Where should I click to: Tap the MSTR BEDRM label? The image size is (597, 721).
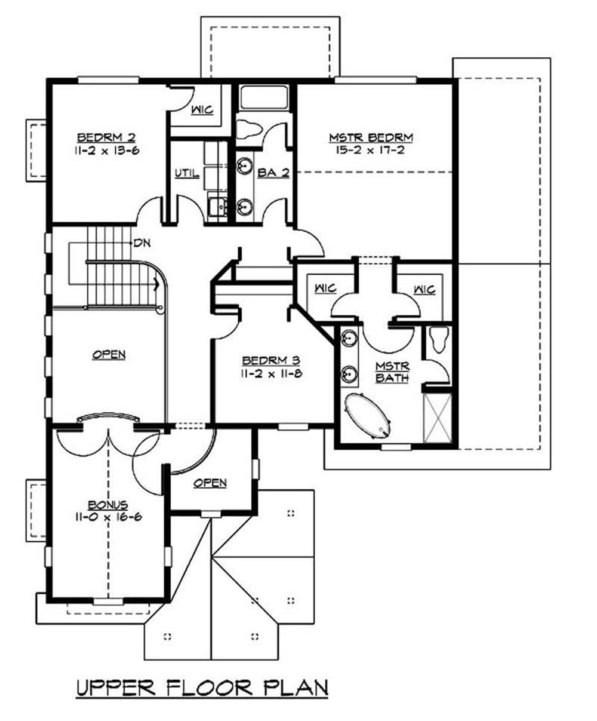pyautogui.click(x=371, y=138)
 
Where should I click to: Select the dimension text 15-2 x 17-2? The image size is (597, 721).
pyautogui.click(x=371, y=150)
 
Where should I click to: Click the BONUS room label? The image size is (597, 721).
pyautogui.click(x=107, y=505)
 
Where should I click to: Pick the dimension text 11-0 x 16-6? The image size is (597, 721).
pyautogui.click(x=107, y=517)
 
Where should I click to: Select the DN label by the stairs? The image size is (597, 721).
pyautogui.click(x=141, y=243)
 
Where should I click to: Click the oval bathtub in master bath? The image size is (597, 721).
pyautogui.click(x=367, y=415)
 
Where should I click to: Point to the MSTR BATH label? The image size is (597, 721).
pyautogui.click(x=392, y=372)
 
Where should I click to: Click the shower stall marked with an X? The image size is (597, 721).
pyautogui.click(x=437, y=418)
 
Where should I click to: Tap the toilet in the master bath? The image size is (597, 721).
pyautogui.click(x=439, y=341)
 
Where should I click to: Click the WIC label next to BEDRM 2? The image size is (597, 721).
pyautogui.click(x=202, y=111)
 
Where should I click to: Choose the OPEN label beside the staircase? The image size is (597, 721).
pyautogui.click(x=109, y=355)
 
